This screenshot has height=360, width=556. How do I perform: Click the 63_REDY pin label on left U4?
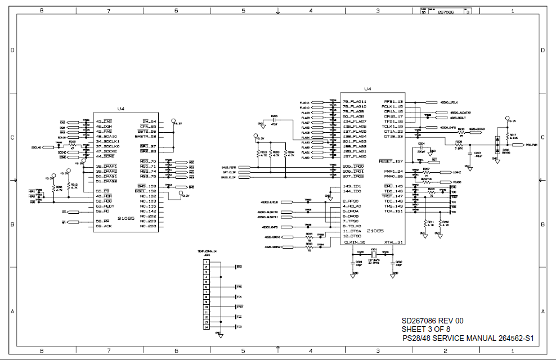pyautogui.click(x=105, y=206)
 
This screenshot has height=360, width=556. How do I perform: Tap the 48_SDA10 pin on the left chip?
pyautogui.click(x=106, y=137)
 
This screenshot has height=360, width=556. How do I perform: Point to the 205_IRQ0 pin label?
pyautogui.click(x=354, y=166)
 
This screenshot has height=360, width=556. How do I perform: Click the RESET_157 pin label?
pyautogui.click(x=391, y=161)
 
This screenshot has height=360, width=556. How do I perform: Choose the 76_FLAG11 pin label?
pyautogui.click(x=355, y=102)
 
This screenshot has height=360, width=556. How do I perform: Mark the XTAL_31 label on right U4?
pyautogui.click(x=393, y=242)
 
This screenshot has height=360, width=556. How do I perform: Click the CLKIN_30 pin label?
pyautogui.click(x=355, y=242)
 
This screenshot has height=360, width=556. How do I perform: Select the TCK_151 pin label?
pyautogui.click(x=394, y=211)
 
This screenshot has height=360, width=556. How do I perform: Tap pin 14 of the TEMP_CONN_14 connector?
pyautogui.click(x=207, y=327)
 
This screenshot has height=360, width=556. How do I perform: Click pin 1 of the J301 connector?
pyautogui.click(x=207, y=262)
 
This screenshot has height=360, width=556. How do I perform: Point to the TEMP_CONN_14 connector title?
pyautogui.click(x=207, y=251)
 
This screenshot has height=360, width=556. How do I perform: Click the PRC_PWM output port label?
pyautogui.click(x=531, y=145)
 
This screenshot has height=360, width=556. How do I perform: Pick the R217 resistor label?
pyautogui.click(x=513, y=134)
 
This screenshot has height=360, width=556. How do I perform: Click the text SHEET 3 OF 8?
pyautogui.click(x=425, y=329)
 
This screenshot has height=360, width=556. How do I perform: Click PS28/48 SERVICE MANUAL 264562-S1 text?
pyautogui.click(x=468, y=338)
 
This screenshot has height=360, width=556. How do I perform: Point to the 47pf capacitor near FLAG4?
pyautogui.click(x=274, y=124)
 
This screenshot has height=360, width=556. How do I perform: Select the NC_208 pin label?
pyautogui.click(x=148, y=226)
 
